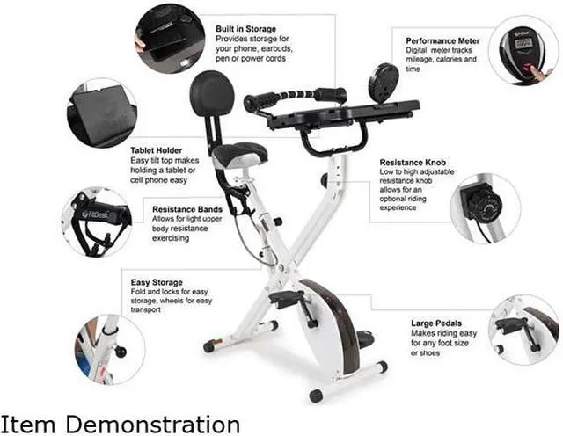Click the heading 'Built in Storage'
pos(246,29)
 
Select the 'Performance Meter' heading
pos(443,40)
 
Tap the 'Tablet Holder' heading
pos(156,150)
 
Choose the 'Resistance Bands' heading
pos(187,209)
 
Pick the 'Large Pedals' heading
pos(438,323)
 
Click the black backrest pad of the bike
pos(212,92)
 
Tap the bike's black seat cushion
pos(238,155)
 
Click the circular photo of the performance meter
pos(523,50)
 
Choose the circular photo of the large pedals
pos(523,328)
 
